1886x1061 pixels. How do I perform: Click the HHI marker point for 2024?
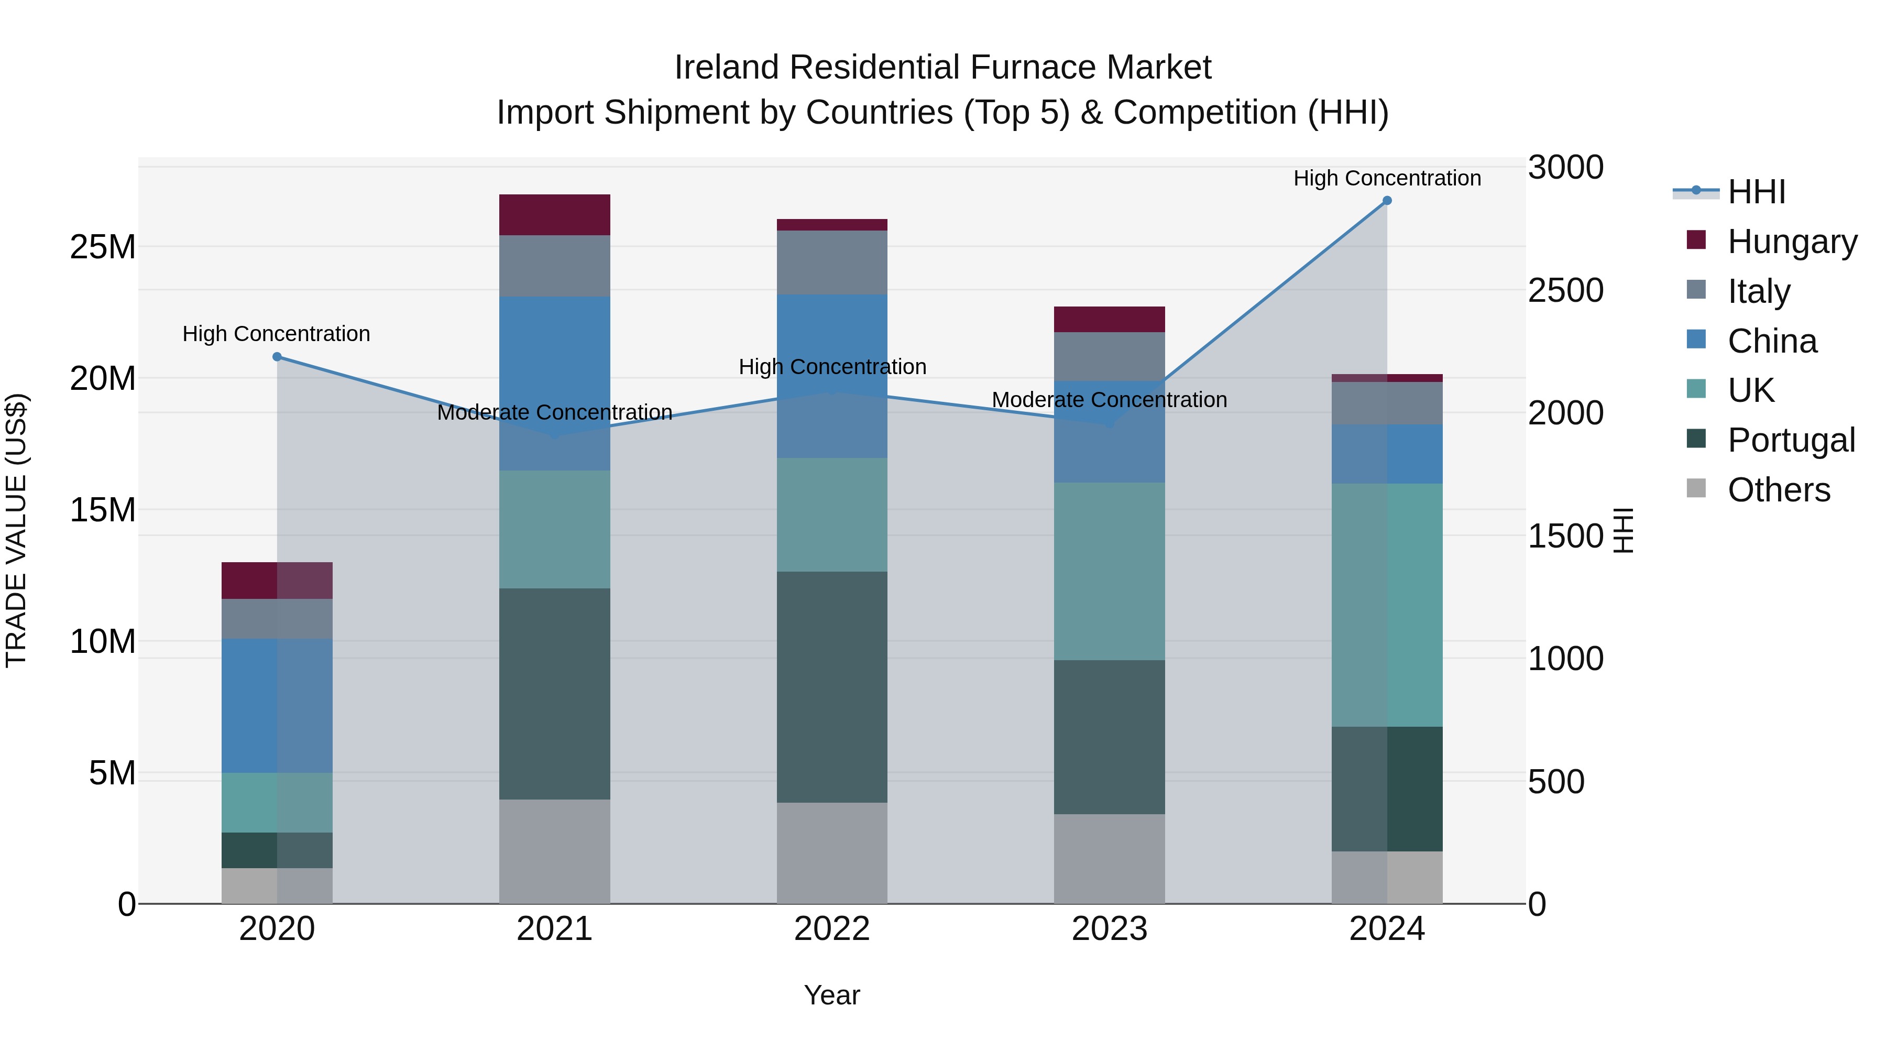coord(1387,201)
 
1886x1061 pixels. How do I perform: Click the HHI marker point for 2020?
coord(277,357)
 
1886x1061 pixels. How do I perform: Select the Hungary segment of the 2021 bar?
coord(554,214)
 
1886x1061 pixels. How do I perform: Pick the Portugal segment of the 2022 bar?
coord(832,687)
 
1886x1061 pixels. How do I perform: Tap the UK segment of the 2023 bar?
coord(1109,571)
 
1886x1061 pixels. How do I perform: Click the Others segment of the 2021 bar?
coord(554,851)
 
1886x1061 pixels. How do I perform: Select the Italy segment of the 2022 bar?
coord(832,262)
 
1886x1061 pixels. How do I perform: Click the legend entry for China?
coord(1772,341)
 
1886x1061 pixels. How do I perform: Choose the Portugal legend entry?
coord(1790,440)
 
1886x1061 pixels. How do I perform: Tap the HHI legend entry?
coord(1756,192)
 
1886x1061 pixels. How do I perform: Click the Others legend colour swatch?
coord(1696,488)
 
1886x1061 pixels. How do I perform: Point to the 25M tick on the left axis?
coord(103,247)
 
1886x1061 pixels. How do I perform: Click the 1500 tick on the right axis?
coord(1565,536)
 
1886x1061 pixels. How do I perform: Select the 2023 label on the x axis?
coord(1109,929)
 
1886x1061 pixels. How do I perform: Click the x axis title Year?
coord(832,995)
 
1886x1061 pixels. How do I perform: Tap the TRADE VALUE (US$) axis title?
coord(16,530)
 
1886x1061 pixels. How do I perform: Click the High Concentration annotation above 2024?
coord(1387,178)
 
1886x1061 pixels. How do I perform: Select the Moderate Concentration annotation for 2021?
coord(554,412)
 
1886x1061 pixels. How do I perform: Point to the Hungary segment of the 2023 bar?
coord(1109,319)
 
